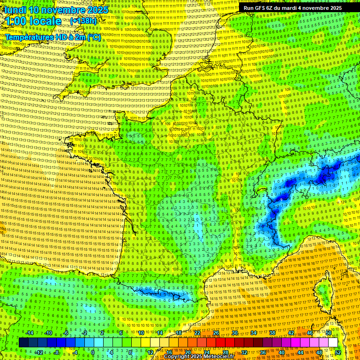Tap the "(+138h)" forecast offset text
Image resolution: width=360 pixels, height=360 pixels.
83,21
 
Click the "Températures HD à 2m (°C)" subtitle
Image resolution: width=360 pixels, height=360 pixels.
53,37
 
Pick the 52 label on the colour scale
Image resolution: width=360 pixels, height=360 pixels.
337,352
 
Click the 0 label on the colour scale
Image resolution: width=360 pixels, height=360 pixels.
92,352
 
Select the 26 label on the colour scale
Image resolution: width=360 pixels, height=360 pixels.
216,333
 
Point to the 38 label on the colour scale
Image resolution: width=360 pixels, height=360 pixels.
272,333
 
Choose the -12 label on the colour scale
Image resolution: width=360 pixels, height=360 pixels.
39,352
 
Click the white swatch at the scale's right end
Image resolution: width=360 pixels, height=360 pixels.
333,343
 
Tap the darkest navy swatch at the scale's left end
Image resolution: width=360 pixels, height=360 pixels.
23,343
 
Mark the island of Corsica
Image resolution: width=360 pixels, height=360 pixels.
324,293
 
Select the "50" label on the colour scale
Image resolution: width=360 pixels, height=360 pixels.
329,333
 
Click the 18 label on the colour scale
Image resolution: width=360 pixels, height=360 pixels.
179,333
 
